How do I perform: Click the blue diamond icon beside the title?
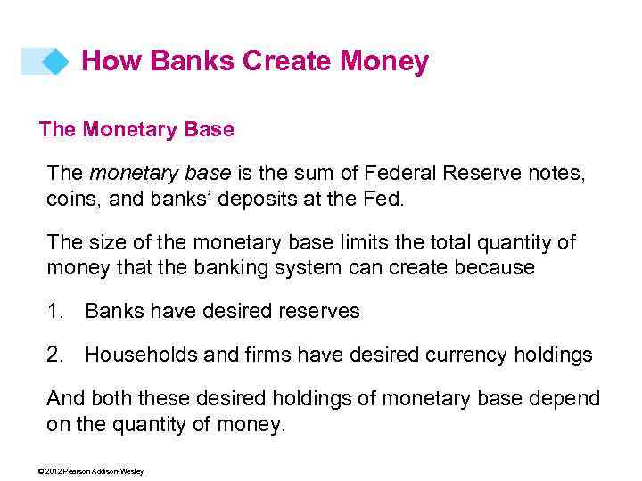point(56,61)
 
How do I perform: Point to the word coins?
point(72,199)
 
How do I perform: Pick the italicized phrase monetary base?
point(160,173)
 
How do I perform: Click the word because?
point(493,268)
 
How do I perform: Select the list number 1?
point(55,312)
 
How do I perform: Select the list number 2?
point(55,355)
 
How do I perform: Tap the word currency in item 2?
point(463,355)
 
